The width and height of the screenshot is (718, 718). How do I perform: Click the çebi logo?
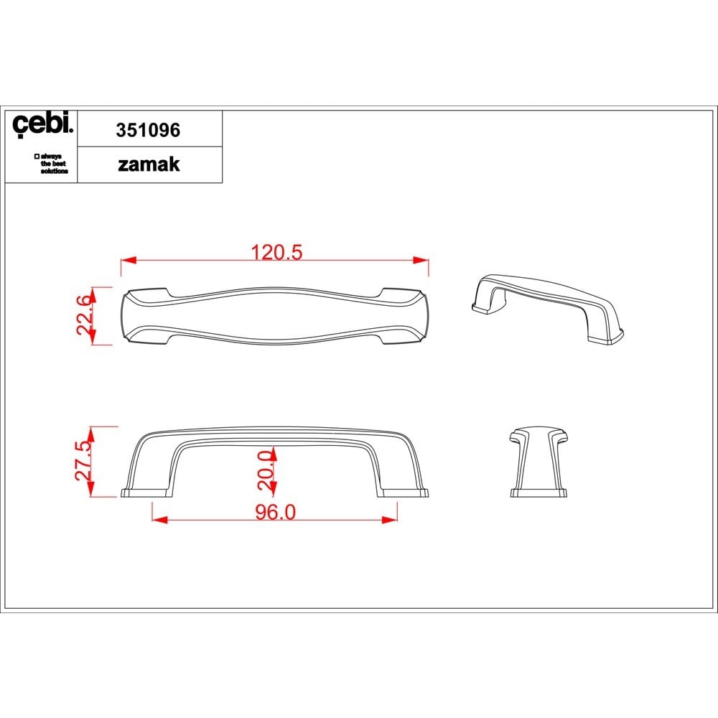42,123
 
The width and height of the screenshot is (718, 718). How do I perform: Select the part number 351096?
148,130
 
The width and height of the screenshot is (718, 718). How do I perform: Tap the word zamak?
149,164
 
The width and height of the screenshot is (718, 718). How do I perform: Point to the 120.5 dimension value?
276,252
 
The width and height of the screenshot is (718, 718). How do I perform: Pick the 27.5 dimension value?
83,461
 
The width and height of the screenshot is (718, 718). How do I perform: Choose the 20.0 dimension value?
266,470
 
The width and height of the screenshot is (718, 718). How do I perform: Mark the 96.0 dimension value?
276,513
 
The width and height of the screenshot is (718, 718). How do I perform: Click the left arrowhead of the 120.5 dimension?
129,260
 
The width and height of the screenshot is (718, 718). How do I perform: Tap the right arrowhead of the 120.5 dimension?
421,260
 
